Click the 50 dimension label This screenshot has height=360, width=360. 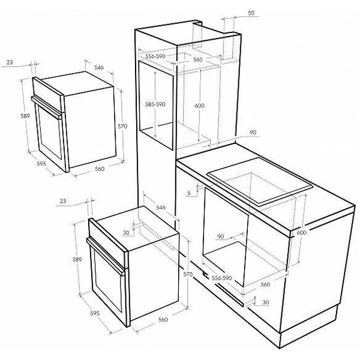point(251,13)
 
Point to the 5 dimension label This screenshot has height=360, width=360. point(189,193)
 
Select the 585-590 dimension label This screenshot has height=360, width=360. point(155,104)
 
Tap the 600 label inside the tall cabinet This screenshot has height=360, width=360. point(199,106)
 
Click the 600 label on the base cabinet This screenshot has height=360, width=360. point(301,232)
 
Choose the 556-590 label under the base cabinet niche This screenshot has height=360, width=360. point(221,278)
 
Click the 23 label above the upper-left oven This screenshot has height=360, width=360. point(10,62)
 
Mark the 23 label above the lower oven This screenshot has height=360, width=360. point(63,201)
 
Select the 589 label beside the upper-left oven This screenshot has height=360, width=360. point(25,116)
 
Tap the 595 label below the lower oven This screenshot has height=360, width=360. point(95,313)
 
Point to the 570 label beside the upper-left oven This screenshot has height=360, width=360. point(122,126)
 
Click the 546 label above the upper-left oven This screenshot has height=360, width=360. point(99,67)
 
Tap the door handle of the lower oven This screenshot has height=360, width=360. point(106,256)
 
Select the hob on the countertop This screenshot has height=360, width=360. point(259,181)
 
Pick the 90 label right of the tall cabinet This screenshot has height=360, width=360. point(253,133)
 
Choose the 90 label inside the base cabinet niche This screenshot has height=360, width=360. point(220,236)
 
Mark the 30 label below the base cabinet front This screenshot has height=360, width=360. point(265,302)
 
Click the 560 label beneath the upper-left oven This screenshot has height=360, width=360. point(100,169)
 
